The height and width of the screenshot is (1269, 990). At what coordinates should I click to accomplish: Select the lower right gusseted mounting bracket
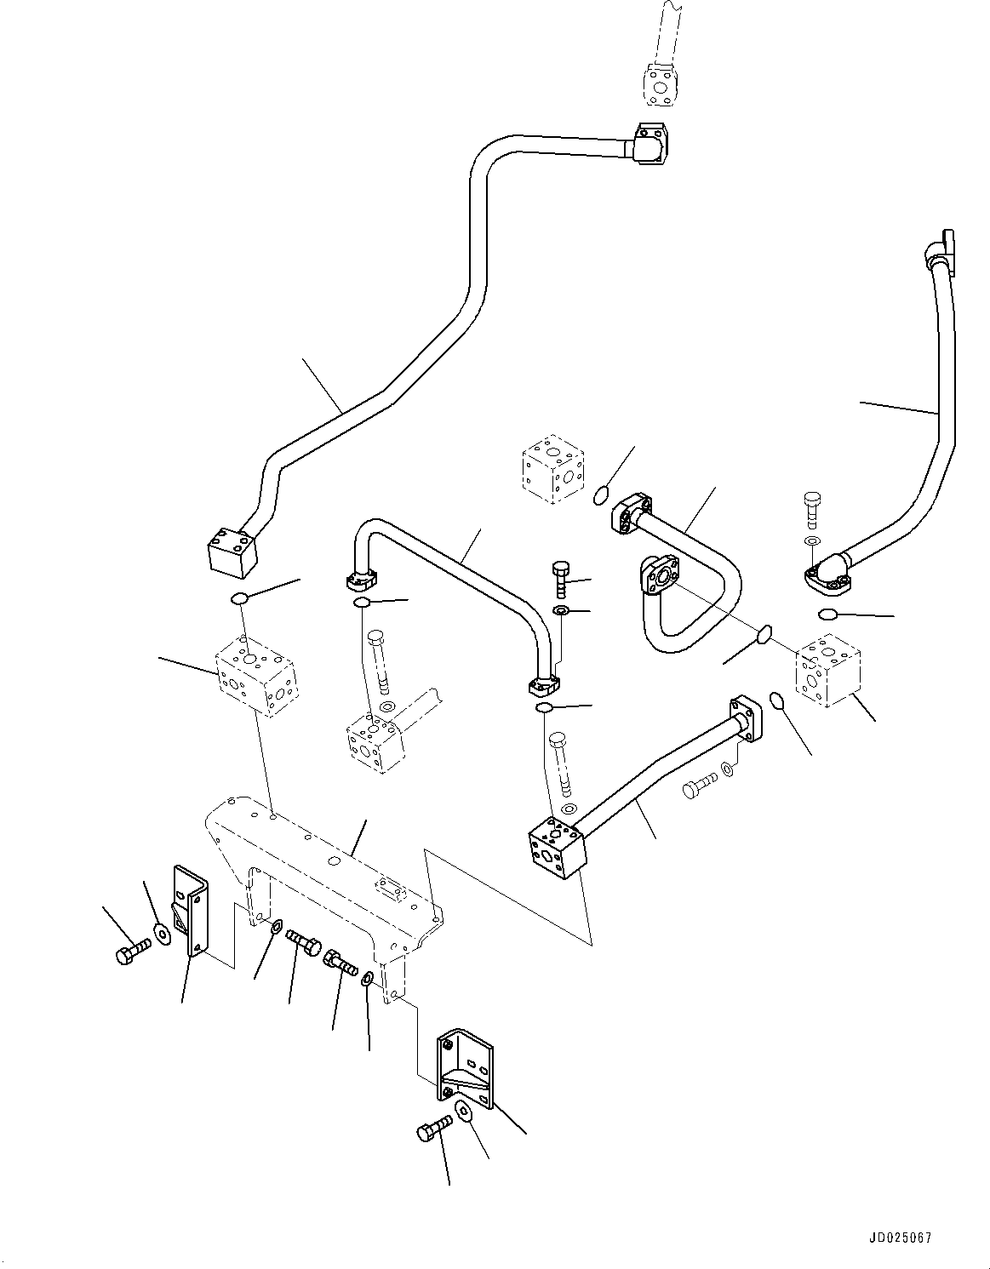pyautogui.click(x=465, y=1068)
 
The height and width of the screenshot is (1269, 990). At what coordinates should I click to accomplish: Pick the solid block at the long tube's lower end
pyautogui.click(x=232, y=548)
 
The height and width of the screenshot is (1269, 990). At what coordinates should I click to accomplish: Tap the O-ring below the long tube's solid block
pyautogui.click(x=240, y=599)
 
